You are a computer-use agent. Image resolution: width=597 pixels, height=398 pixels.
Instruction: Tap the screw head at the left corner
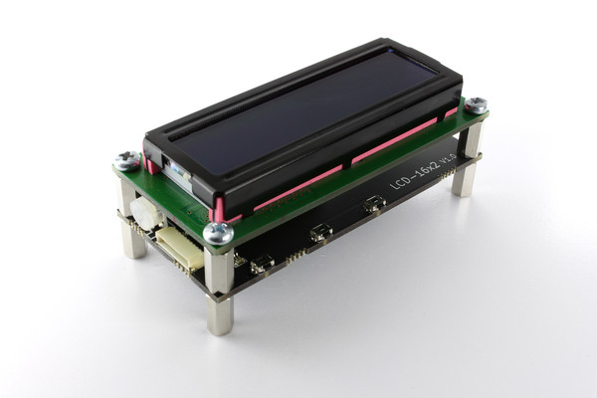pyautogui.click(x=126, y=159)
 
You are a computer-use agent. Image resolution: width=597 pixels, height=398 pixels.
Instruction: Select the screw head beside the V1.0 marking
pyautogui.click(x=476, y=104)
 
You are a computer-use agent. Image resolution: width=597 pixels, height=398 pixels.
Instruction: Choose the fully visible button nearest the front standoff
pyautogui.click(x=263, y=264)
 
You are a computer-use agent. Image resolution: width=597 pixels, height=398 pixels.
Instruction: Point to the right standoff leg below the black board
pyautogui.click(x=464, y=177)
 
